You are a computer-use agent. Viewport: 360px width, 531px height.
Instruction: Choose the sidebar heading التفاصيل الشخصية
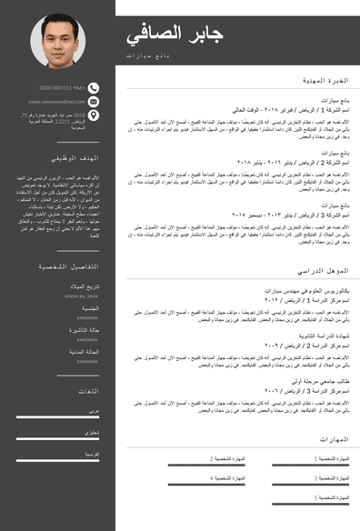[69, 266]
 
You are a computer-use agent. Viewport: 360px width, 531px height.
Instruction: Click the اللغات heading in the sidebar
[88, 390]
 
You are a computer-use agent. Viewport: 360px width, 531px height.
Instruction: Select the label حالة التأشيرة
[87, 329]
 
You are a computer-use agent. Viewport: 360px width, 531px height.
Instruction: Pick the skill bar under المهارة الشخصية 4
[207, 486]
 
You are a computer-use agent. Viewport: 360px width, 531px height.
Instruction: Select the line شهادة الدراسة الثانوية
[326, 336]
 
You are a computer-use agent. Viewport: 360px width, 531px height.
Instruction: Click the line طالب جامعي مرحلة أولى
[325, 381]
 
